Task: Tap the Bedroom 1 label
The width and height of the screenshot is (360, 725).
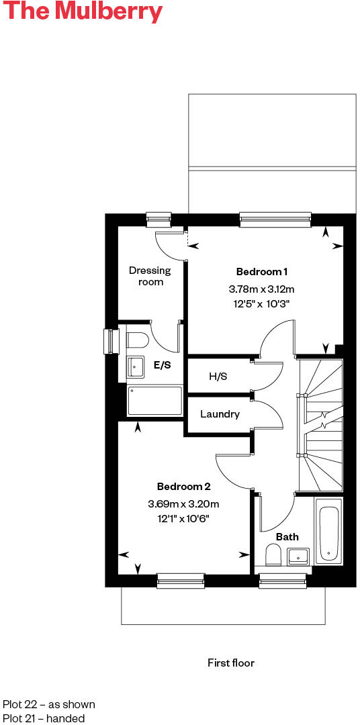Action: tap(262, 272)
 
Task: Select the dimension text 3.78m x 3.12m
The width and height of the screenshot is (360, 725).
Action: tap(262, 289)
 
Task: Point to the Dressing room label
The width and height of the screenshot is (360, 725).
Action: tap(150, 276)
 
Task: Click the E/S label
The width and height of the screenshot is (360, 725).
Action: tap(162, 365)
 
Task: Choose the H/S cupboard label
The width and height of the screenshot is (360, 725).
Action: tap(218, 377)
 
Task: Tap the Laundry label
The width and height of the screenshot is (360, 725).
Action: tap(220, 414)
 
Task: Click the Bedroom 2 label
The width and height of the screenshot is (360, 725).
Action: tap(184, 486)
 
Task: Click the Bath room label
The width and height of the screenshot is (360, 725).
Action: tap(287, 537)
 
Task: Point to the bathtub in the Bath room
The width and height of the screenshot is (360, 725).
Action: tap(328, 533)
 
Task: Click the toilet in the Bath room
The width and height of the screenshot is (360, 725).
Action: tap(273, 555)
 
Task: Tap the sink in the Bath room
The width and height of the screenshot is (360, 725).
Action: tap(298, 556)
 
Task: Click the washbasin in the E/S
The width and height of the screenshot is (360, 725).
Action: tap(136, 367)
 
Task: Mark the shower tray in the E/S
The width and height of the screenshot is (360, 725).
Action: tap(155, 401)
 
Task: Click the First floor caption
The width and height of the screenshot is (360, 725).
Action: tap(231, 663)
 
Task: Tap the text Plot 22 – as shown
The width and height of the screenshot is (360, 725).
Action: tap(49, 704)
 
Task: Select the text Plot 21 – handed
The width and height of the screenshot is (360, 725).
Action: tap(44, 718)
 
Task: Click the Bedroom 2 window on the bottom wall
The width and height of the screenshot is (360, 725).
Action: tap(180, 581)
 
